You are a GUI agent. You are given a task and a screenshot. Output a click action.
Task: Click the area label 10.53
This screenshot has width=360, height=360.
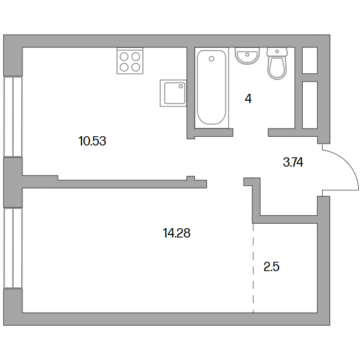coord(92,141)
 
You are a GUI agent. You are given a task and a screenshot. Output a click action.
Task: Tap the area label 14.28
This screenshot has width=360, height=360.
coord(177,233)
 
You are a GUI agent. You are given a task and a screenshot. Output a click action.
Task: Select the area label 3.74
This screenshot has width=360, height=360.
coord(293,162)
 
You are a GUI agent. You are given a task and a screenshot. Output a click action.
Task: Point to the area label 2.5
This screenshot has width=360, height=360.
coord(271,267)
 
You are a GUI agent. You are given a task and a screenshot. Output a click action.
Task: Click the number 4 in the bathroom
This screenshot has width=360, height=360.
coord(248,99)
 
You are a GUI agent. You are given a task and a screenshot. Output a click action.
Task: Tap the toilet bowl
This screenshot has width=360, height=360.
coord(277,68)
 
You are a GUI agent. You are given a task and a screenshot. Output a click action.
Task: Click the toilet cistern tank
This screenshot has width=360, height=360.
coord(277,52)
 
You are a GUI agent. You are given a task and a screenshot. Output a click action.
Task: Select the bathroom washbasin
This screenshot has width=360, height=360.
coord(247,55)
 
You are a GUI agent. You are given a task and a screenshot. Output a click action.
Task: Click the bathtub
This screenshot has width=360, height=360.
coord(211,88)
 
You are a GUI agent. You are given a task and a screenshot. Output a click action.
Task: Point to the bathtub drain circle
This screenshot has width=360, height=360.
coord(211,59)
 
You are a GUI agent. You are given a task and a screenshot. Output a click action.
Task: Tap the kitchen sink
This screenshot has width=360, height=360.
coord(173,93)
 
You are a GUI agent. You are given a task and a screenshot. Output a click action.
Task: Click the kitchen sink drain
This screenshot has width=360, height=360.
coord(181,86)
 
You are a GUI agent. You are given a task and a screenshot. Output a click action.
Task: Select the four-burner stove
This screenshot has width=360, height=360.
coord(130,61)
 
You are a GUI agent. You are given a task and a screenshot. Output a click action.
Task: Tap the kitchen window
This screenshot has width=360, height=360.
coord(13,117)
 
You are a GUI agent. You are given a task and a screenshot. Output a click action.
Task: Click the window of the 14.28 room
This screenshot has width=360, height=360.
coord(13,248)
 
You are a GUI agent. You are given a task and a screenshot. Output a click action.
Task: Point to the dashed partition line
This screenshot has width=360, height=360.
coord(253,268)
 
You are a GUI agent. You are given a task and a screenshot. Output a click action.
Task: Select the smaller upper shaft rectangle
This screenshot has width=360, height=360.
coord(310,60)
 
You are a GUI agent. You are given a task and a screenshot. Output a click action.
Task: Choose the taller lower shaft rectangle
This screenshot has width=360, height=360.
coord(310,105)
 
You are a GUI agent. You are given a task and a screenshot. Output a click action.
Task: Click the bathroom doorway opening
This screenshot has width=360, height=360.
coord(251,132)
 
